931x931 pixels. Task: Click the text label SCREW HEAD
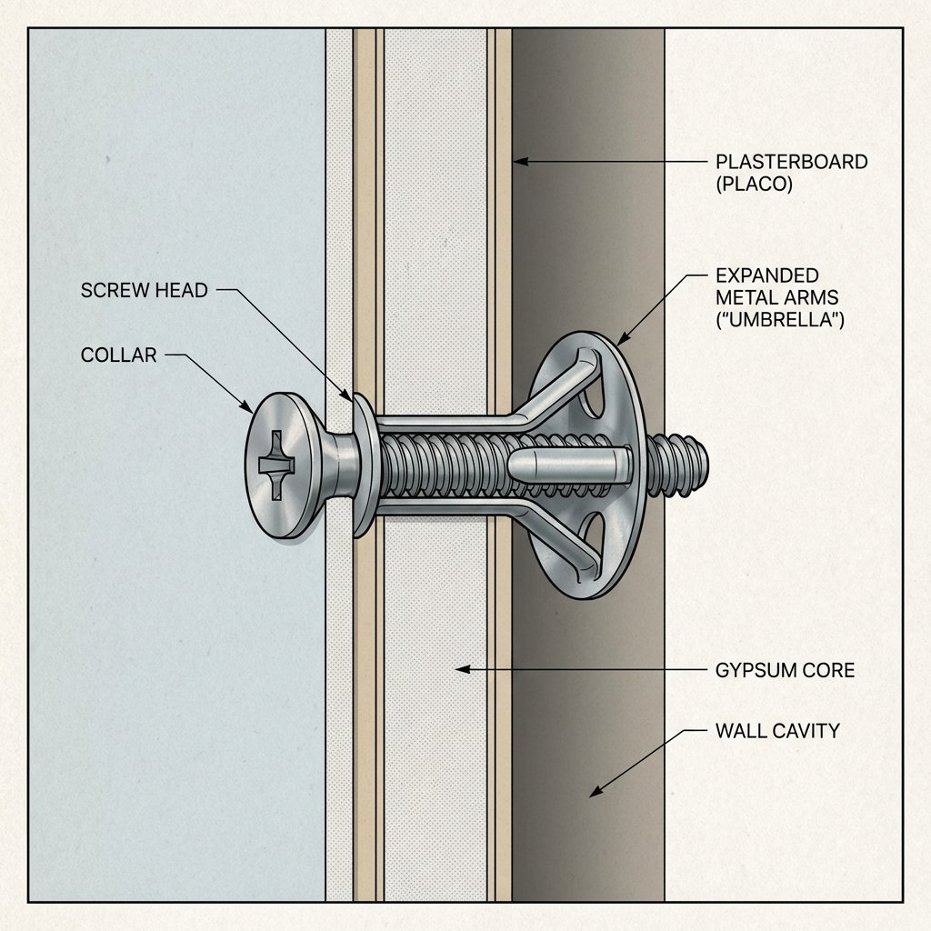[145, 291]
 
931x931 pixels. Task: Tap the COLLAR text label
[118, 355]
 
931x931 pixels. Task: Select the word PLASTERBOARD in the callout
[791, 162]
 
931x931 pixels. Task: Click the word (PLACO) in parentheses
[755, 184]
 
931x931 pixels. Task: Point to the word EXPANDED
[767, 275]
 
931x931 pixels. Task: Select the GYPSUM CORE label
[785, 670]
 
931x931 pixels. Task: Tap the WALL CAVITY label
[776, 730]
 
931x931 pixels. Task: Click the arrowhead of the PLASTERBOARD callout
[517, 162]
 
